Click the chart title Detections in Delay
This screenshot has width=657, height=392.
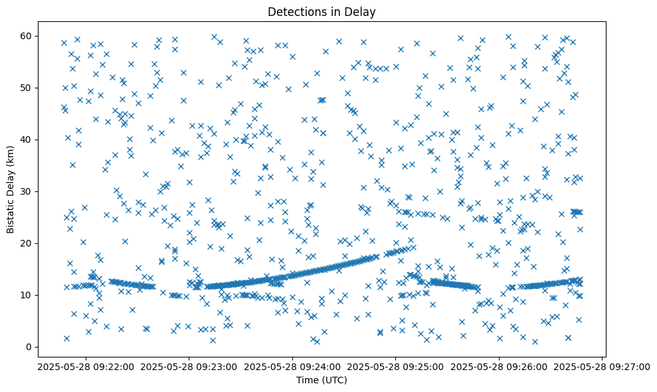click(321, 12)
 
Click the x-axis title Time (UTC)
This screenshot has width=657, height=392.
click(321, 380)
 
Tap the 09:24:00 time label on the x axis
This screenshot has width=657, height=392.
click(292, 366)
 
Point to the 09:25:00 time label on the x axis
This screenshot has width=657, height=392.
click(395, 366)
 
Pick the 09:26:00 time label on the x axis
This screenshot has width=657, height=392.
click(499, 366)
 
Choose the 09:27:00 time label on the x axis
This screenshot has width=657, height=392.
click(603, 366)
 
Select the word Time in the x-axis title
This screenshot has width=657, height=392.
click(306, 380)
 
